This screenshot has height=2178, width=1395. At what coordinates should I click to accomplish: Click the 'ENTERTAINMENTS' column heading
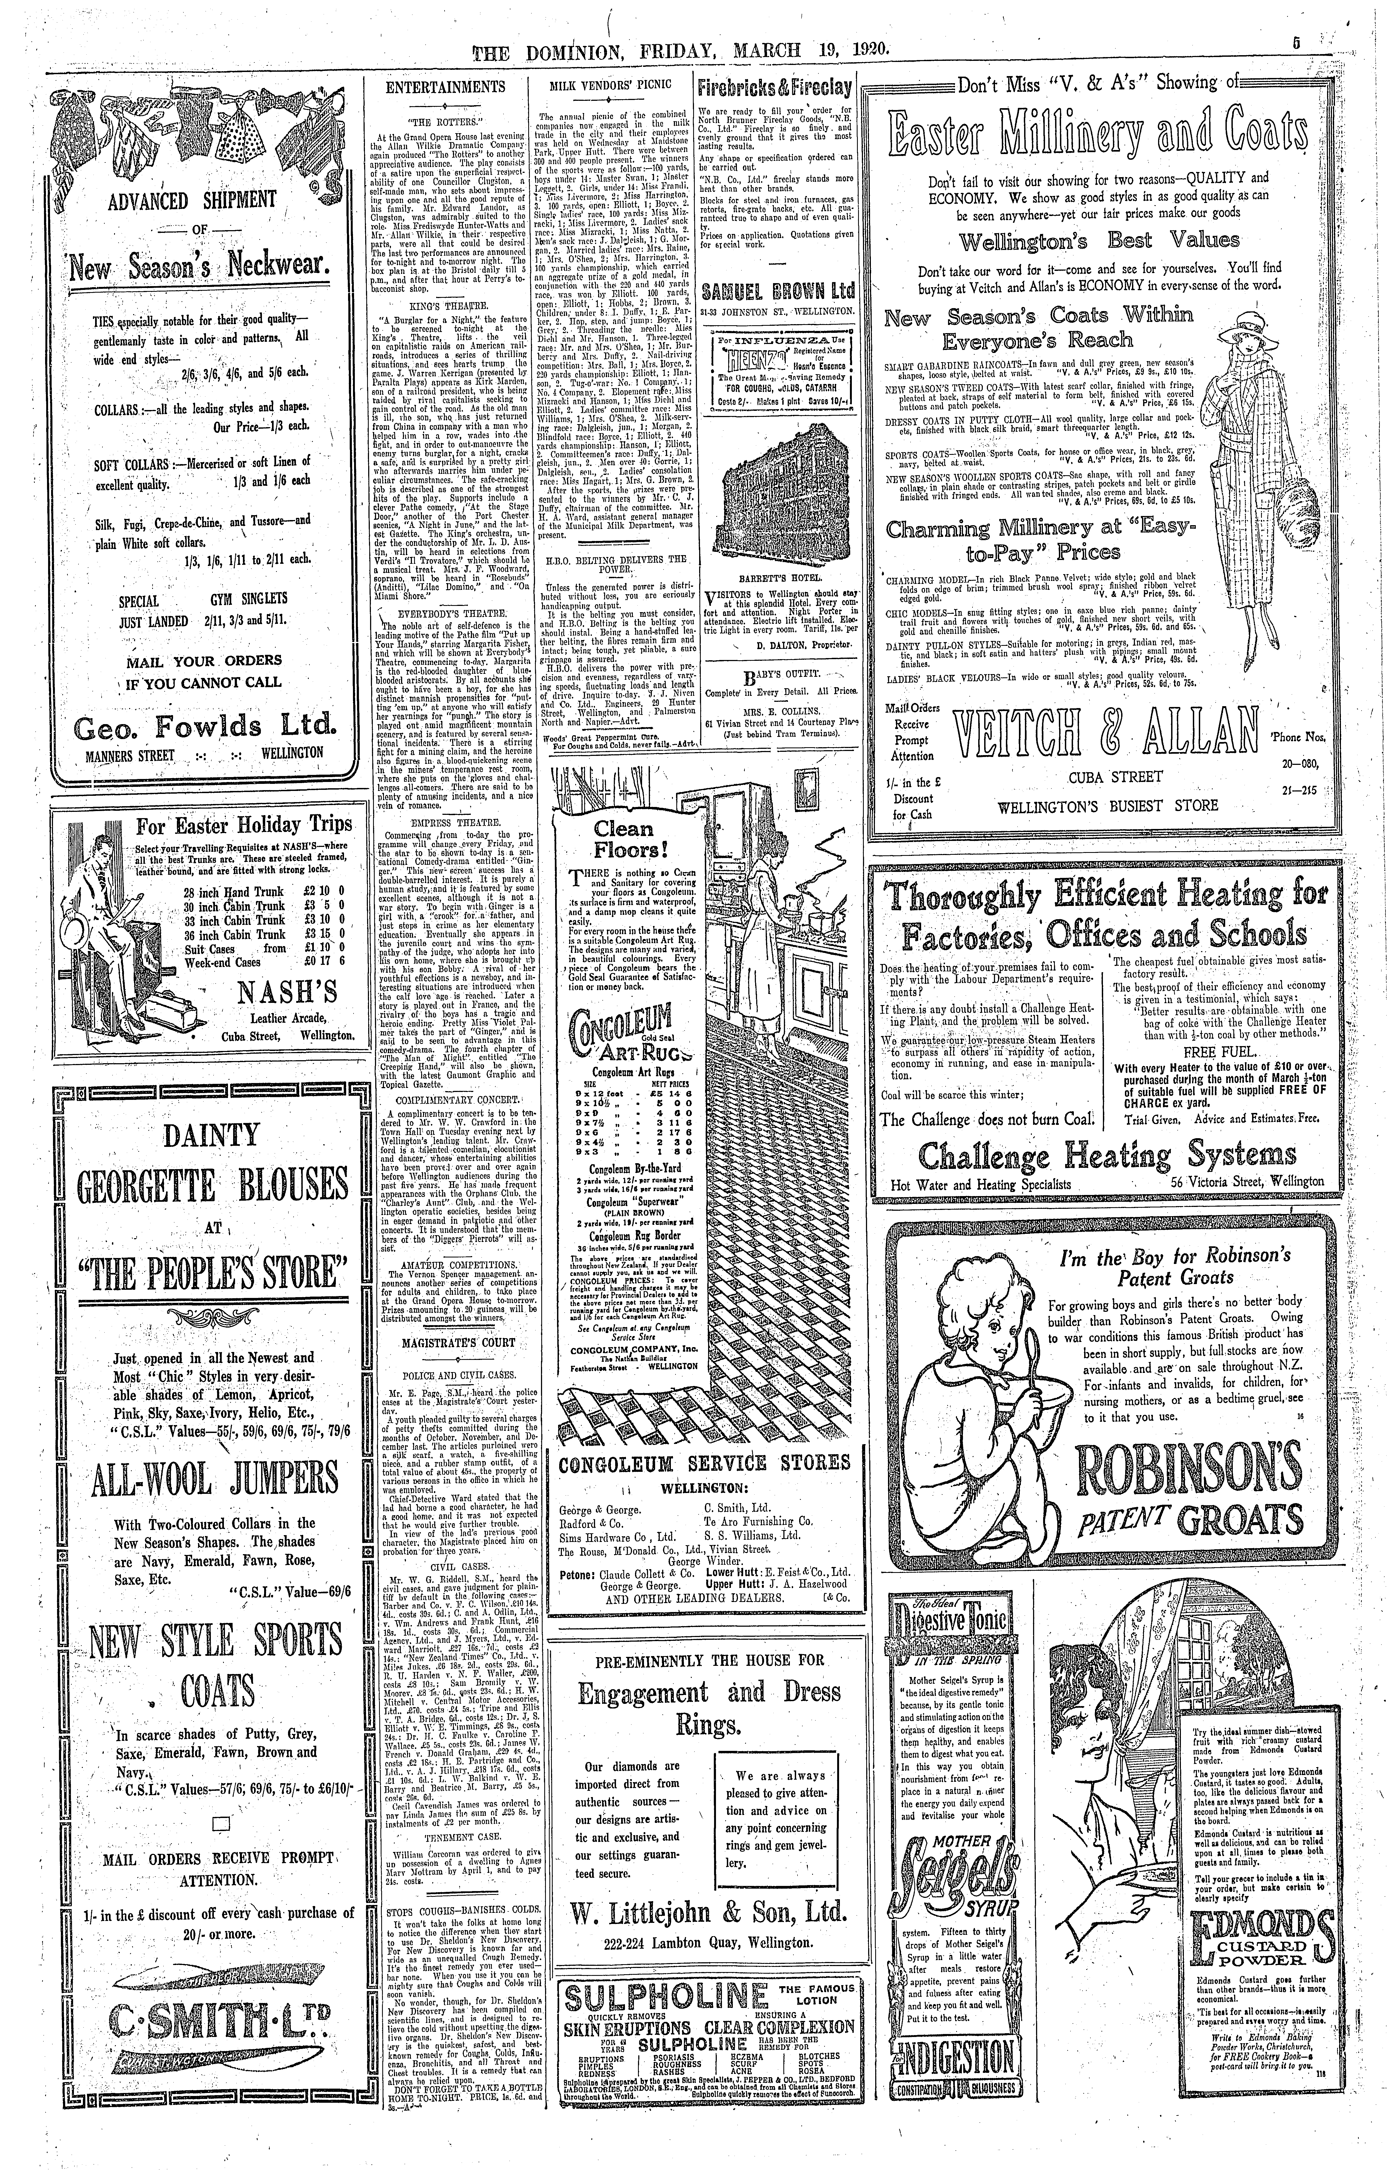pyautogui.click(x=445, y=87)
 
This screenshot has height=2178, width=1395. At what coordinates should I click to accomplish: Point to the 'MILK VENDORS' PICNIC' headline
pyautogui.click(x=609, y=87)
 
